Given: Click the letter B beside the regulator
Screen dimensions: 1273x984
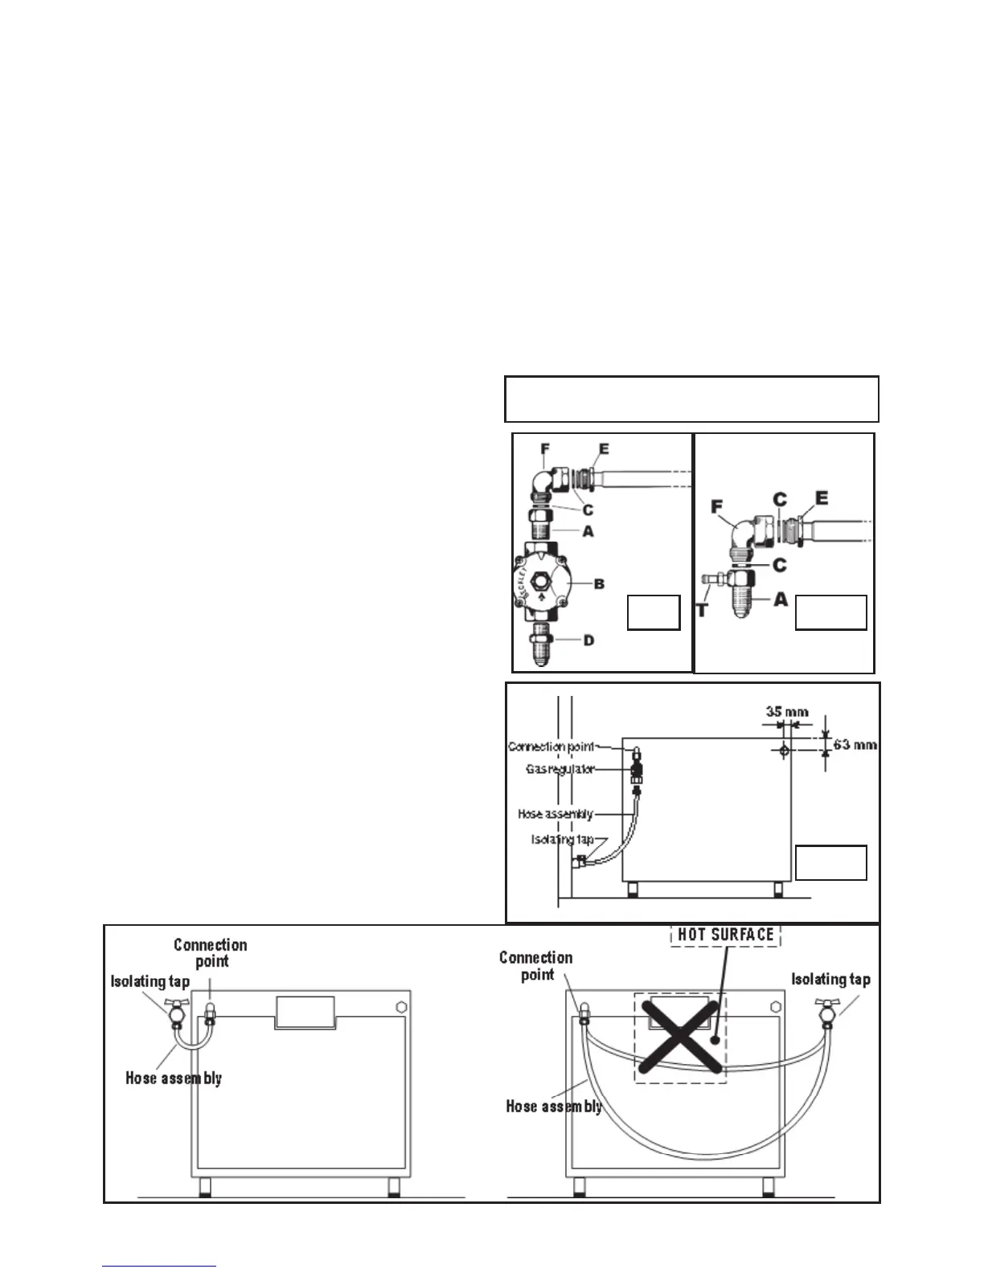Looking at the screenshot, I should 598,584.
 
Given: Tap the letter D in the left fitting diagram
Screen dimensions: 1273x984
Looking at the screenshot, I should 588,641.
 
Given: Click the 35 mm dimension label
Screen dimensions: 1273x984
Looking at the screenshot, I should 786,711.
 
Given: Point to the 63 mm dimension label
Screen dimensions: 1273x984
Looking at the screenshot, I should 855,744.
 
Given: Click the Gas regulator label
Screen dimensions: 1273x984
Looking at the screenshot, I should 560,769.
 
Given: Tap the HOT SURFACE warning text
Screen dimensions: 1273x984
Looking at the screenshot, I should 725,935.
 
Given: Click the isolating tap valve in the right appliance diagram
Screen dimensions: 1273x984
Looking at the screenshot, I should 827,1013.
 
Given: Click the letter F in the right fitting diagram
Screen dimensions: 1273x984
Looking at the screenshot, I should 717,508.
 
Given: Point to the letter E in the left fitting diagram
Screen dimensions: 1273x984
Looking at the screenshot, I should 604,450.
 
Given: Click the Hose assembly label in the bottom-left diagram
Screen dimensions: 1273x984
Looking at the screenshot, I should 173,1078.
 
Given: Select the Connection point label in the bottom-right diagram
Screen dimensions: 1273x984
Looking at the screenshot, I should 535,966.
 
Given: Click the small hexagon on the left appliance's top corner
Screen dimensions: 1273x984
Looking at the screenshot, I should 400,1006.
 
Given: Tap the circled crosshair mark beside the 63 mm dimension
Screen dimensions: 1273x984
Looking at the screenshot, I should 785,750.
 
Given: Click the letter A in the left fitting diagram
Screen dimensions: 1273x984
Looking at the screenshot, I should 588,531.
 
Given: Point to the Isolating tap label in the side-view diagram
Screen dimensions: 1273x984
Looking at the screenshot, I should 562,839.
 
